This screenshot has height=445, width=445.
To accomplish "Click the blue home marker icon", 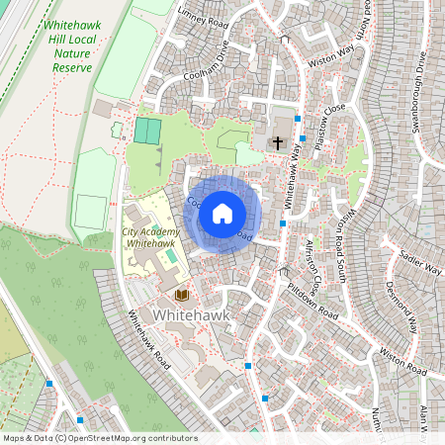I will [x=222, y=213].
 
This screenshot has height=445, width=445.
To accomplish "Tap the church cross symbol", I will [x=279, y=143].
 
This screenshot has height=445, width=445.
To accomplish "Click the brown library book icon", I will [x=181, y=295].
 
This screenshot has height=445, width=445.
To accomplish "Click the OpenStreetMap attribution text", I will [x=99, y=438].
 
